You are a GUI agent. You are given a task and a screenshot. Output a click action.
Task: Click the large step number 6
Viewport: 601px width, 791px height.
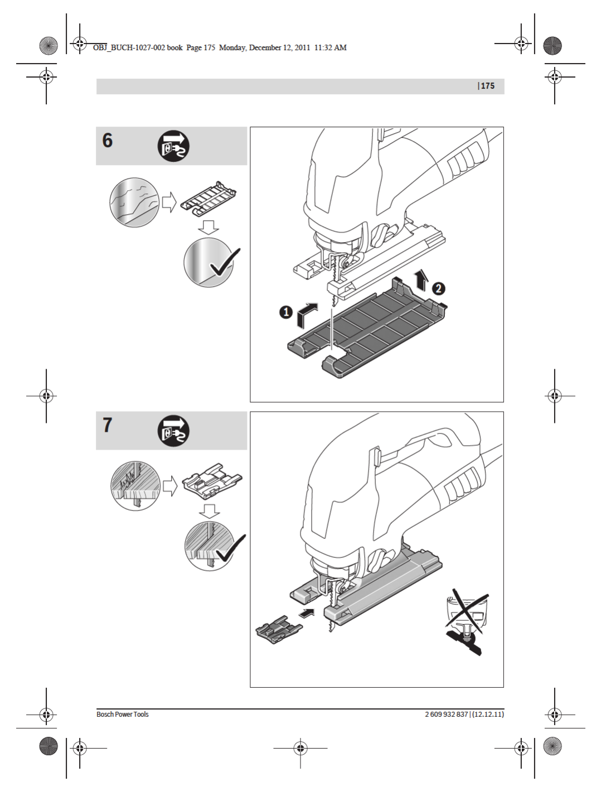point(108,141)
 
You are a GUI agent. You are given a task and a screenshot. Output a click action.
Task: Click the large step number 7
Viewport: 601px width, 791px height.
point(108,425)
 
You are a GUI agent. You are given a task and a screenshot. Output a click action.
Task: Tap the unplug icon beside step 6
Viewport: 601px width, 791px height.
point(173,146)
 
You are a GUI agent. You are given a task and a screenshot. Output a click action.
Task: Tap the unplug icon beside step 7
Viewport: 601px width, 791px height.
point(173,431)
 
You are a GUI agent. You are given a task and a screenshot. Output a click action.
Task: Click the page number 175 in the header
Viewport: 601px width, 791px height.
point(488,86)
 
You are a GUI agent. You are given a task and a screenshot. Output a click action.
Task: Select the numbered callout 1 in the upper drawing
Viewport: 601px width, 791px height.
point(286,312)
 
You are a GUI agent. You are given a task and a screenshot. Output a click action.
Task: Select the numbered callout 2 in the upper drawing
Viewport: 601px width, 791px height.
point(439,288)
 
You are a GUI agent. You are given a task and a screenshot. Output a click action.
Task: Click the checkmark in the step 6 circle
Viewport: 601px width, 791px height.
point(225,263)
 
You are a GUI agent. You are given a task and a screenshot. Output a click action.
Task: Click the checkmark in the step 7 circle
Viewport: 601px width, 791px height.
point(230,549)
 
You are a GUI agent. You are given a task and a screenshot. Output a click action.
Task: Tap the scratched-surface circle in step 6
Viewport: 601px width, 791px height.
point(134,202)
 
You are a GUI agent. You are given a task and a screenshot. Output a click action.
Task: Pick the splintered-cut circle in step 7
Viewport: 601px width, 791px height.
point(135,485)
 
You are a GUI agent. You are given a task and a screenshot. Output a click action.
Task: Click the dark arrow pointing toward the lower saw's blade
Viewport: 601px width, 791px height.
point(307,613)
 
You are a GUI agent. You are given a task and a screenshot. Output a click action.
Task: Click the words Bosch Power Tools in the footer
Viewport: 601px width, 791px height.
point(123,715)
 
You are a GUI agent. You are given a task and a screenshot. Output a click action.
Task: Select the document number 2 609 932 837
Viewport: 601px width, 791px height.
point(446,715)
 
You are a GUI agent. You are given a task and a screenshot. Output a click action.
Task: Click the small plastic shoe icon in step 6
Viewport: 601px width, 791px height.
point(208,198)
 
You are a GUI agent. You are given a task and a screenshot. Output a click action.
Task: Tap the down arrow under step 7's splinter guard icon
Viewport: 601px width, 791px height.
point(210,510)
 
